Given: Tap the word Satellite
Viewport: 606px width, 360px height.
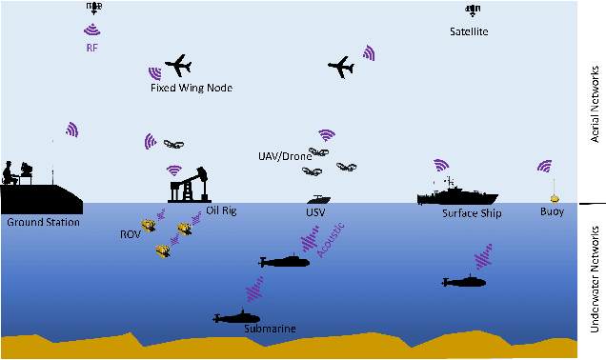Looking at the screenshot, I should (469, 31).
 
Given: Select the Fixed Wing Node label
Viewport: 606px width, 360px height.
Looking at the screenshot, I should (192, 88).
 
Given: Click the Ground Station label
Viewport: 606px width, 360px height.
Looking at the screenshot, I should (42, 222).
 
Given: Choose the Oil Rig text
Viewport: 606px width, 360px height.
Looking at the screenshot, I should (221, 210).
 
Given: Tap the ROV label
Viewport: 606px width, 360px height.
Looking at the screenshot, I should (131, 233).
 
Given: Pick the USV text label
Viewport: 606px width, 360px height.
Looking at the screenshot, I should (315, 212).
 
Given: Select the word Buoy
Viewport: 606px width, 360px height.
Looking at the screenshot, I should (552, 211).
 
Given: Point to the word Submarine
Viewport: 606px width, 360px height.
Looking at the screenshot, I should (270, 329).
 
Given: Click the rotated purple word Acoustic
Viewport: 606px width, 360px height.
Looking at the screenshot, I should (333, 240).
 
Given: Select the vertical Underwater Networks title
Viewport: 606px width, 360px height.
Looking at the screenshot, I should (593, 278).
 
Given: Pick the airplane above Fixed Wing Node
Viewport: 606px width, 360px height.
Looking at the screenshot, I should (178, 66).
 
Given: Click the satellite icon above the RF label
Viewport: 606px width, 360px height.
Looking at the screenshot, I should (93, 8).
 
